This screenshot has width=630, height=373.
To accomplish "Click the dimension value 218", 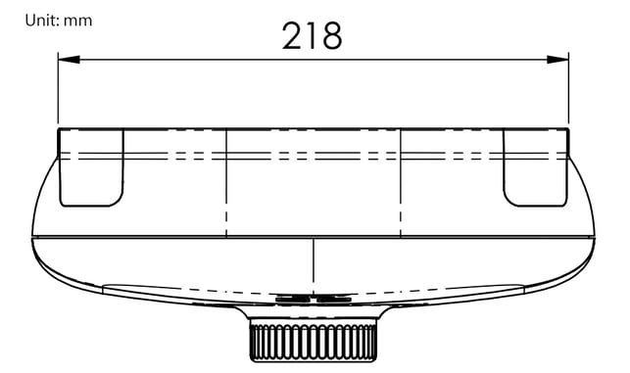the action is point(313,36).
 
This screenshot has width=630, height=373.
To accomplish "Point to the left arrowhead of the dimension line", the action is point(69,60).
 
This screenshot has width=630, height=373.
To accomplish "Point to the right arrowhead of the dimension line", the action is point(558,60).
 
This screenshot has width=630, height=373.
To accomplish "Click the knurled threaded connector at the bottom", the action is point(314,340).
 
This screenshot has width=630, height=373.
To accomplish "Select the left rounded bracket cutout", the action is point(91,167).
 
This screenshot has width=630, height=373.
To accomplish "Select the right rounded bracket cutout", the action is point(536,167).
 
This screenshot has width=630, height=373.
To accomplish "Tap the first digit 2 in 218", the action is point(292,36).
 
